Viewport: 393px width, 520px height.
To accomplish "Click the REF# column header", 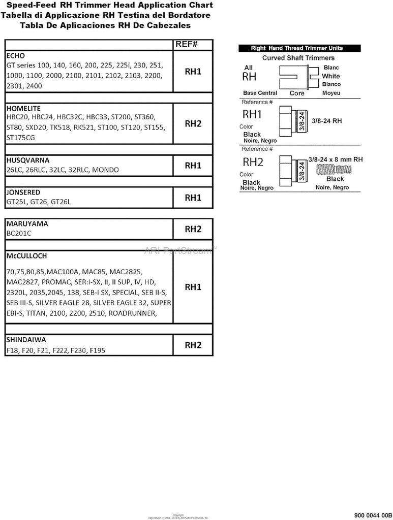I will click(186, 44).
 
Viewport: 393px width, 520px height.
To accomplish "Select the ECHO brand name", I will click(15, 55).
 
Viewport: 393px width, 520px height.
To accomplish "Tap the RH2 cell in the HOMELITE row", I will click(193, 123).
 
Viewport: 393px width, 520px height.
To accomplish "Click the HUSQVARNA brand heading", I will click(27, 159).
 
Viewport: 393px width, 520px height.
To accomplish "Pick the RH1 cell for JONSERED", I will click(193, 198).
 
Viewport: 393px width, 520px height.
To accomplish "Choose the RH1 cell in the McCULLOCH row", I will click(193, 287).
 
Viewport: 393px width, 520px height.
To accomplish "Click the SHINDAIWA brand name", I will click(26, 339).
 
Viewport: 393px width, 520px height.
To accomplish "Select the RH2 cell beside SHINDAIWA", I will click(193, 345).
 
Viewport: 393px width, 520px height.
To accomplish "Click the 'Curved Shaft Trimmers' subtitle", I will click(297, 58).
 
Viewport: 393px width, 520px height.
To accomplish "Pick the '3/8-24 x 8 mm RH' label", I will click(336, 159).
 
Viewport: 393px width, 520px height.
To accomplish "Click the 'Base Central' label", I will click(260, 93).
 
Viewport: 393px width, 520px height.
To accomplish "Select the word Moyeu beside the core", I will click(331, 93).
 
